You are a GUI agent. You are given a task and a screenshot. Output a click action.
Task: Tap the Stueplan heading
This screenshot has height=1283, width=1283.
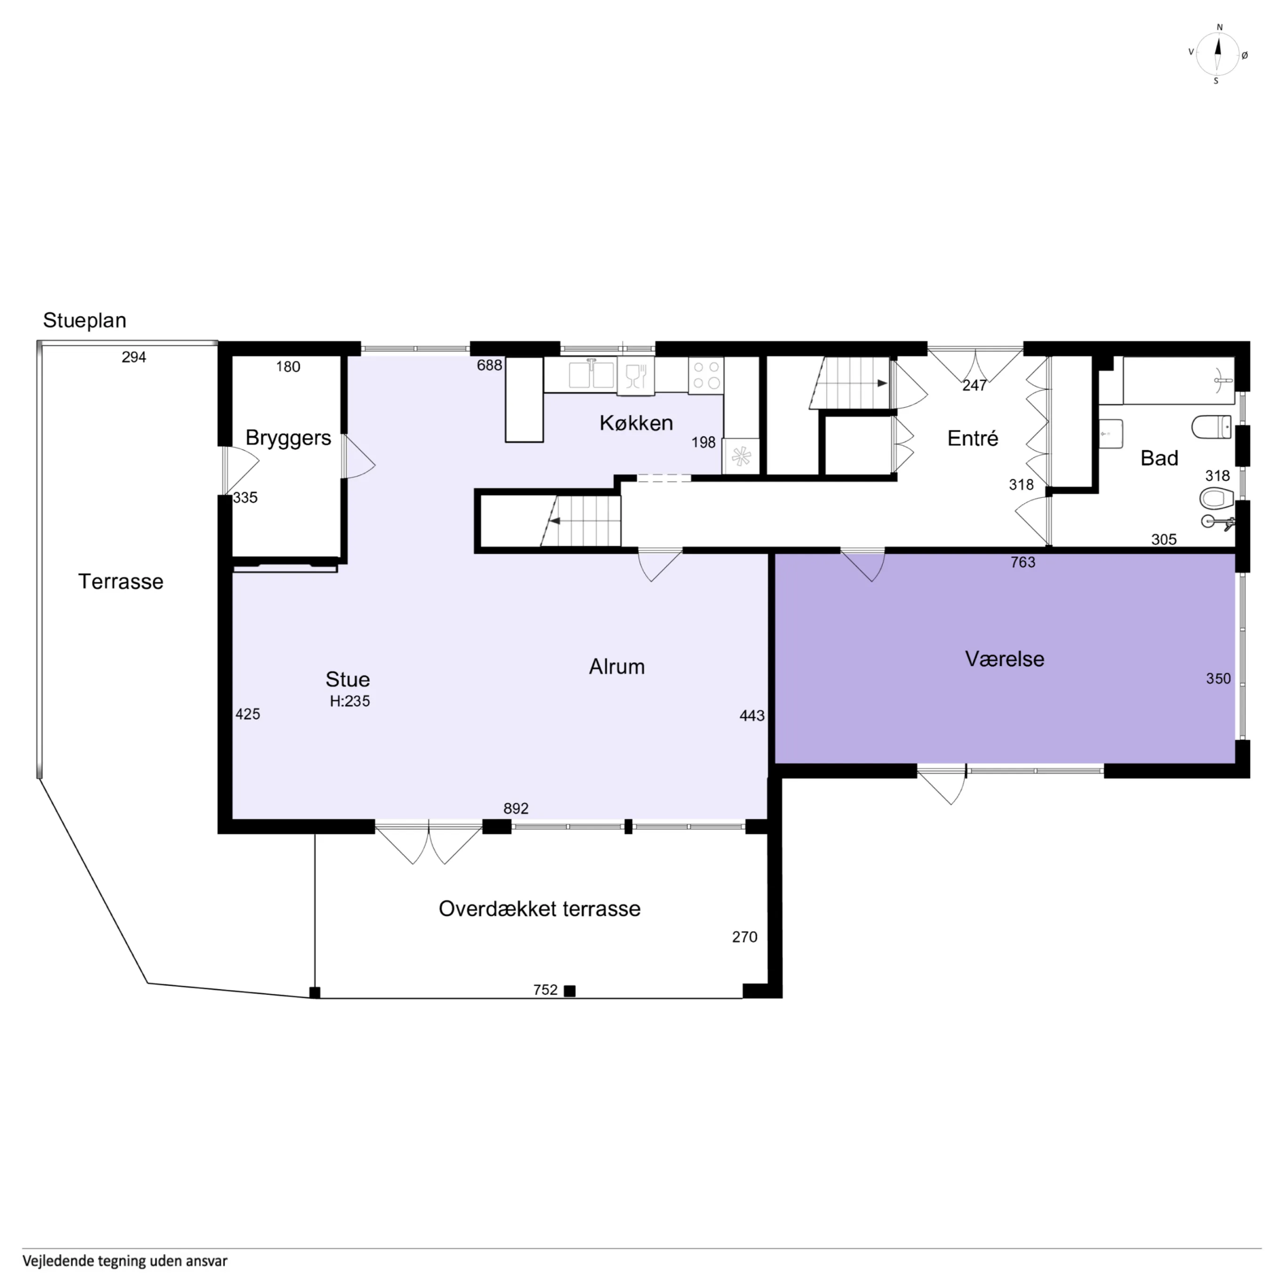pyautogui.click(x=84, y=320)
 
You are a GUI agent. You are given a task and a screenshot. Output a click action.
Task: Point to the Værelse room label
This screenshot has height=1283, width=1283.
pyautogui.click(x=1004, y=659)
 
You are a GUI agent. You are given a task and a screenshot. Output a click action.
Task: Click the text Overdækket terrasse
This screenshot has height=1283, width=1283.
pyautogui.click(x=539, y=909)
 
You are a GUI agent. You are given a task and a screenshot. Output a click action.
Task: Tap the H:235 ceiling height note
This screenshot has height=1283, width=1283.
pyautogui.click(x=349, y=701)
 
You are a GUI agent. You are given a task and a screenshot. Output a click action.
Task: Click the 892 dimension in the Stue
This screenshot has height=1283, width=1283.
pyautogui.click(x=515, y=808)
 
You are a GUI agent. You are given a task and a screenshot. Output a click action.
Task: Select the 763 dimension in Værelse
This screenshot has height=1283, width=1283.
pyautogui.click(x=1022, y=562)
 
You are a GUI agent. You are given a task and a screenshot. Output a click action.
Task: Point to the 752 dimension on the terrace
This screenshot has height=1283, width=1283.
pyautogui.click(x=545, y=990)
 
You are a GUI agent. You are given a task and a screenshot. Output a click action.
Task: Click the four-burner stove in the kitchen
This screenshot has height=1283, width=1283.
pyautogui.click(x=705, y=375)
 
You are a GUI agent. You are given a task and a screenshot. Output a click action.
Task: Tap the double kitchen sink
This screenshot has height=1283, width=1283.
pyautogui.click(x=591, y=374)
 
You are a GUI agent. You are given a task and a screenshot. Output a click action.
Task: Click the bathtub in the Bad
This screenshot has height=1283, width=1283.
pyautogui.click(x=1177, y=380)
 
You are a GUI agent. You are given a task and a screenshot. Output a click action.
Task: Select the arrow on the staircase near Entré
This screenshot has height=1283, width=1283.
pyautogui.click(x=881, y=383)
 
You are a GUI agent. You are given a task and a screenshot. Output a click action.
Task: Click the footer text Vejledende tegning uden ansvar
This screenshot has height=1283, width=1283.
pyautogui.click(x=125, y=1260)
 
